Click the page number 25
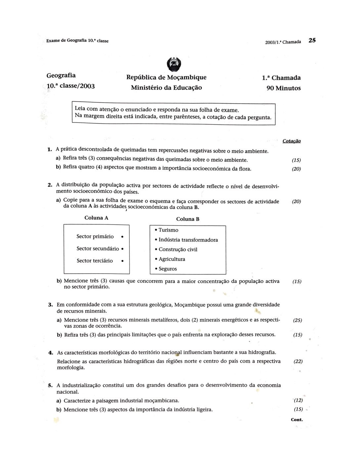click(x=312, y=40)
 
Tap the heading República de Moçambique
click(x=166, y=77)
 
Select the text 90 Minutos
click(x=284, y=88)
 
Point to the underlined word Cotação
click(x=292, y=141)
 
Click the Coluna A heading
click(x=96, y=218)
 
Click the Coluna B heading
click(x=188, y=219)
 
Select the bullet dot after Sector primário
click(x=122, y=237)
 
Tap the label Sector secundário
click(x=98, y=249)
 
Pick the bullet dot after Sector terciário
click(x=122, y=261)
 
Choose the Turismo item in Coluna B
click(x=168, y=230)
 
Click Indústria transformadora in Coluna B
click(x=188, y=240)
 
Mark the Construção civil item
click(x=178, y=250)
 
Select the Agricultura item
click(x=172, y=259)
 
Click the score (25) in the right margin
click(x=297, y=320)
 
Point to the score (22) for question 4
click(x=298, y=361)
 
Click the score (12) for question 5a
click(x=298, y=400)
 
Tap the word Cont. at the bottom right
click(x=297, y=420)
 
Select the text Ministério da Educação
click(x=166, y=88)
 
